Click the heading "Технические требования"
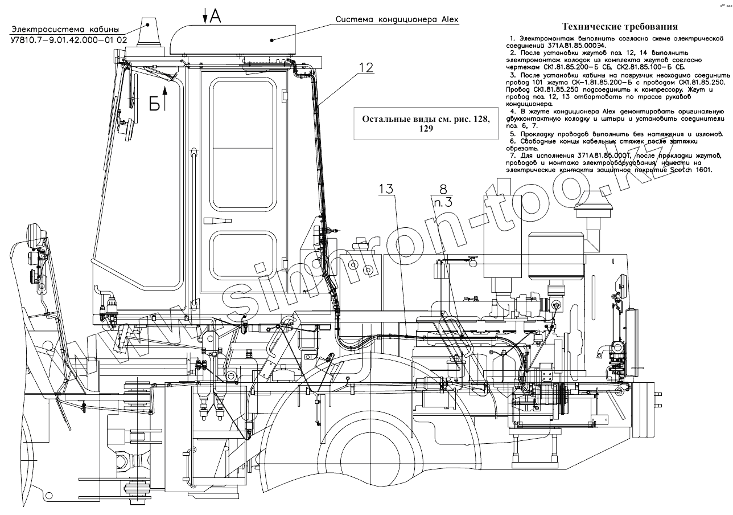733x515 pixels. (620, 26)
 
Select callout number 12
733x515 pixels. (366, 67)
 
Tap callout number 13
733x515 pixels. (386, 189)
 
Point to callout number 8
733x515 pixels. (443, 188)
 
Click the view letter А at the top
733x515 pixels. (214, 17)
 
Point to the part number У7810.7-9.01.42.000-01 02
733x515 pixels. (68, 40)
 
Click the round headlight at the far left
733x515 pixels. (34, 235)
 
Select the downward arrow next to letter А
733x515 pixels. (205, 17)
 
